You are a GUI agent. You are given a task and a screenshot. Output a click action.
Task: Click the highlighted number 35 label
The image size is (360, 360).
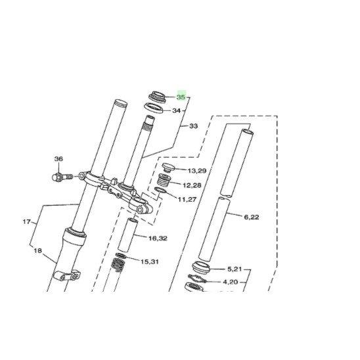click(x=181, y=97)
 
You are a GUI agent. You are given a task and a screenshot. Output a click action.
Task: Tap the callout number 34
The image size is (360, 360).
click(x=176, y=110)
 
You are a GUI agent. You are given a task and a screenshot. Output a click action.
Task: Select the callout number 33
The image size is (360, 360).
click(x=194, y=126)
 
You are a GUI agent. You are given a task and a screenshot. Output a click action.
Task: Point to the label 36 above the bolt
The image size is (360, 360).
click(x=58, y=159)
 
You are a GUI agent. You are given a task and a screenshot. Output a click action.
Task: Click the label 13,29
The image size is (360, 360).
click(x=197, y=171)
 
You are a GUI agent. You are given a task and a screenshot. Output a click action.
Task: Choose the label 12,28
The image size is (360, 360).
click(x=192, y=185)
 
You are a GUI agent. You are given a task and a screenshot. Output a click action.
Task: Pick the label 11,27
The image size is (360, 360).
click(x=187, y=199)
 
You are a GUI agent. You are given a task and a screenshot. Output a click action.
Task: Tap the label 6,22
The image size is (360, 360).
click(x=252, y=217)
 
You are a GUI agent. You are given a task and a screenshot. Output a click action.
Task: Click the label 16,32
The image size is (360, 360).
click(x=158, y=238)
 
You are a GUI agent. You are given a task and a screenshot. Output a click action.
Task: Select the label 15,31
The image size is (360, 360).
click(x=150, y=261)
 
